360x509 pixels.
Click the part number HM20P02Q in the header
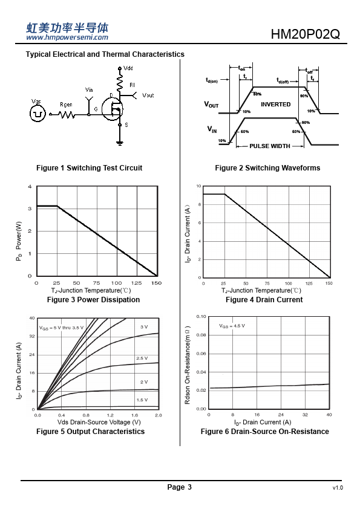pyautogui.click(x=305, y=34)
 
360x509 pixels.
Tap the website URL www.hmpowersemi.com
pyautogui.click(x=67, y=37)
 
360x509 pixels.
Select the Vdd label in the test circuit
pyautogui.click(x=128, y=68)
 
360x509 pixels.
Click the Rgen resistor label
pyautogui.click(x=66, y=105)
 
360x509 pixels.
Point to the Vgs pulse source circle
pyautogui.click(x=38, y=114)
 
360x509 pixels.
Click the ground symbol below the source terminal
pyautogui.click(x=120, y=143)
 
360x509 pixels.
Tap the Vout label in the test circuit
pyautogui.click(x=148, y=95)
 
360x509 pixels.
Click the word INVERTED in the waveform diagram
pyautogui.click(x=275, y=104)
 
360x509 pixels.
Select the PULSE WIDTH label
pyautogui.click(x=270, y=146)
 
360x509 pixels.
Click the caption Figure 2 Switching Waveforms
pyautogui.click(x=267, y=168)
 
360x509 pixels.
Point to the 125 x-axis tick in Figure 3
pyautogui.click(x=137, y=283)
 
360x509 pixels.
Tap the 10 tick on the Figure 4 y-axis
pyautogui.click(x=198, y=186)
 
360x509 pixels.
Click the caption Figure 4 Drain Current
pyautogui.click(x=264, y=300)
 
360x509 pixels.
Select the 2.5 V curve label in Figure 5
pyautogui.click(x=142, y=358)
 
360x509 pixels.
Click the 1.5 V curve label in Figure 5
pyautogui.click(x=142, y=400)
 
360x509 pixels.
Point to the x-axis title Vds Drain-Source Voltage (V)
pyautogui.click(x=99, y=422)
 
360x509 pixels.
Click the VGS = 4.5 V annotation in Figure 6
pyautogui.click(x=232, y=326)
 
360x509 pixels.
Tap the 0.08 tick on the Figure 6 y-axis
pyautogui.click(x=201, y=335)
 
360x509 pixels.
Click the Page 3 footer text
pyautogui.click(x=179, y=487)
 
